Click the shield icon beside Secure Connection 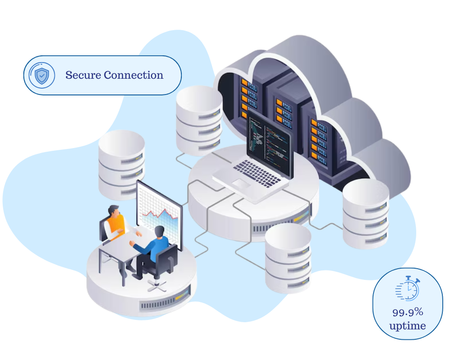pos(41,76)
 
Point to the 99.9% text pos(408,311)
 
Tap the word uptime pos(408,325)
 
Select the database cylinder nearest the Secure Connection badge pos(198,119)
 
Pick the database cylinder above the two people pos(121,164)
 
